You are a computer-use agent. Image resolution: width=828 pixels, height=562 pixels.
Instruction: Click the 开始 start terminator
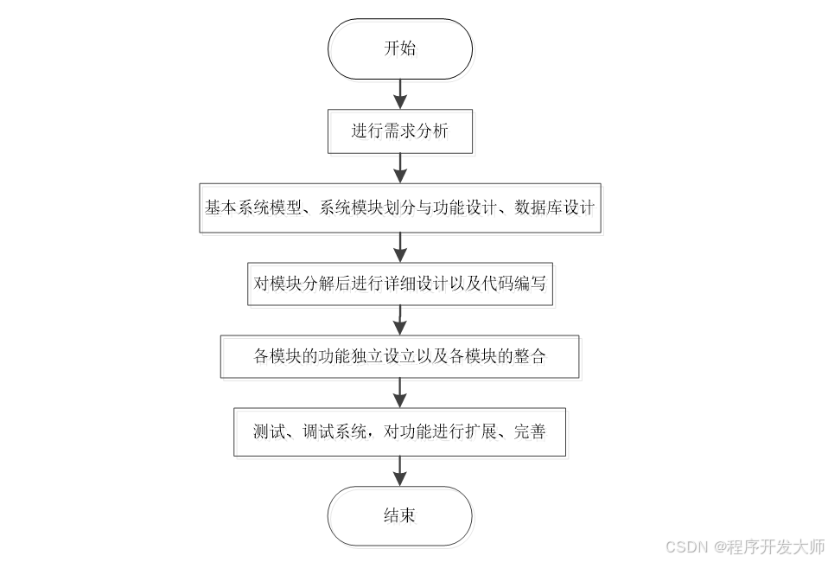click(x=399, y=49)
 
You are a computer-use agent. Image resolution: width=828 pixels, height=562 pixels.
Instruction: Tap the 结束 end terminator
click(x=399, y=516)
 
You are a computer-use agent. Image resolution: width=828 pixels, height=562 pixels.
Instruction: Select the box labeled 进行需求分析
click(x=399, y=131)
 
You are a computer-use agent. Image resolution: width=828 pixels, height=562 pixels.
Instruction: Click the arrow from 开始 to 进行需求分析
click(x=399, y=93)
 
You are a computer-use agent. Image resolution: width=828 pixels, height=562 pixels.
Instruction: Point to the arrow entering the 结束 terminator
click(x=399, y=470)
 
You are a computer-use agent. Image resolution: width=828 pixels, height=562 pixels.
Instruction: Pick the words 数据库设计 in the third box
click(x=554, y=208)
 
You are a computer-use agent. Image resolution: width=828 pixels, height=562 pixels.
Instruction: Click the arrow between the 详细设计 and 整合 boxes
click(x=399, y=320)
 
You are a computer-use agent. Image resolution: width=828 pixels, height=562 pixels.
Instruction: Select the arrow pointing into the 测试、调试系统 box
click(x=399, y=394)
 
